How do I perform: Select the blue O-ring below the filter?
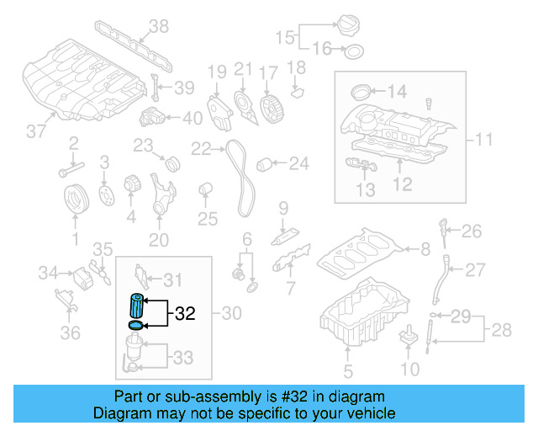click(x=134, y=325)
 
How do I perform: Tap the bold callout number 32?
click(x=184, y=314)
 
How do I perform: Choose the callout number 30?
click(x=230, y=314)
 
